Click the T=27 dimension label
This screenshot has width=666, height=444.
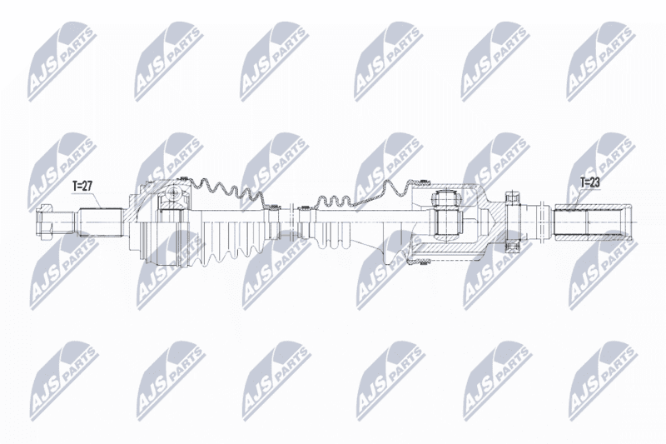(82, 186)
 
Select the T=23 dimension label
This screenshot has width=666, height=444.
(590, 182)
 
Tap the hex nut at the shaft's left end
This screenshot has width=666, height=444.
(44, 222)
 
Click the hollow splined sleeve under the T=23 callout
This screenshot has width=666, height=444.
(593, 222)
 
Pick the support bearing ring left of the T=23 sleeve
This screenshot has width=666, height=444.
(513, 222)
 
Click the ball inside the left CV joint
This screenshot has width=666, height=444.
(173, 194)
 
